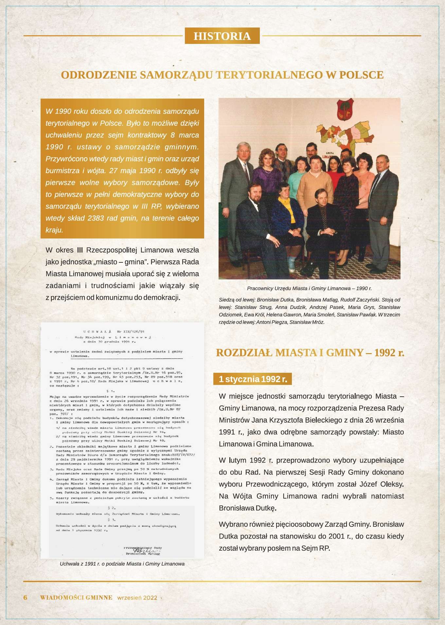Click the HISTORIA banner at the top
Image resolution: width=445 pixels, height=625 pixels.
222,36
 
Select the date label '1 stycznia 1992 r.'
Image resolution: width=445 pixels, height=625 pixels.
253,379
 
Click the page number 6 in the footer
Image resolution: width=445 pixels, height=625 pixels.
25,597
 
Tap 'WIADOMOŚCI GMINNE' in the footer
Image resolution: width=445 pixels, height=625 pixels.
76,597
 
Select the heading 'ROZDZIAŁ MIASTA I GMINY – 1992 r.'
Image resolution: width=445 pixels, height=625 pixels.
310,353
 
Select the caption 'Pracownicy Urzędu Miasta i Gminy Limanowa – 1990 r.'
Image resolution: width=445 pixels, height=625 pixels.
309,289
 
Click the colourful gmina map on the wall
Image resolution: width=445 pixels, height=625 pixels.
344,134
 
